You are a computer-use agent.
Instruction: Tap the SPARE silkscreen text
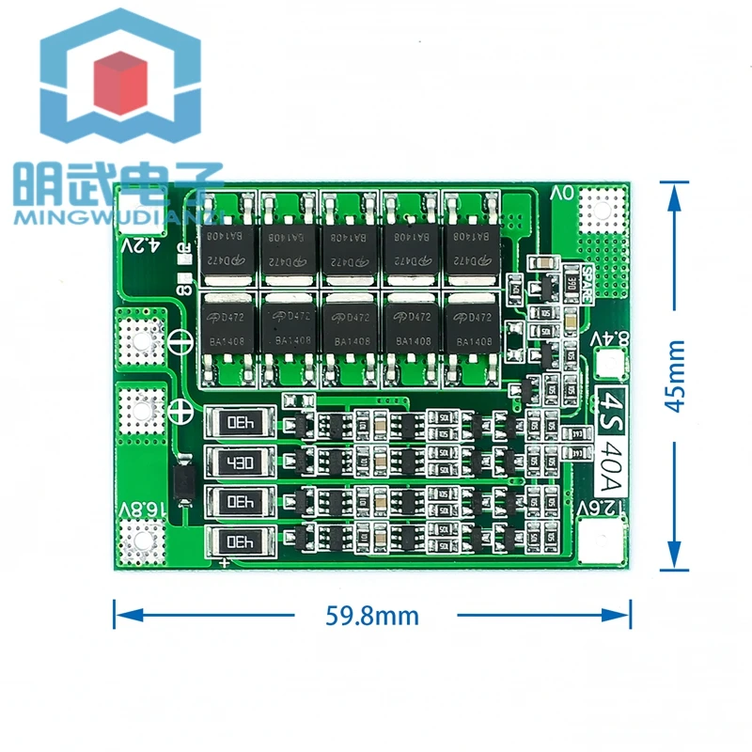[586, 283]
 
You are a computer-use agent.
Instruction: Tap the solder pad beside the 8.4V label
[608, 362]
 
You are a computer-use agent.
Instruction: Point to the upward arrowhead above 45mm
[675, 193]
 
